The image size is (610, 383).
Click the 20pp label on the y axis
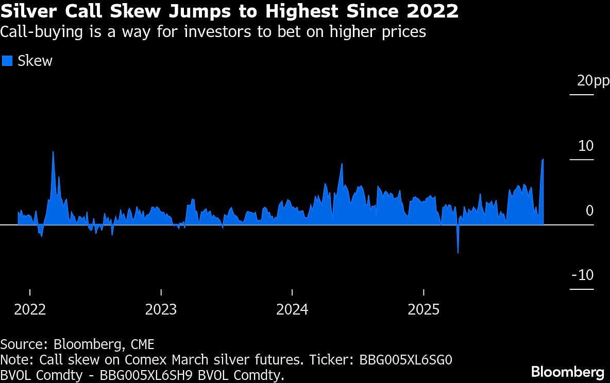[593, 81]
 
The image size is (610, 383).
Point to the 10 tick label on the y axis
[586, 146]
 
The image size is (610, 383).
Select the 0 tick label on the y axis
[589, 211]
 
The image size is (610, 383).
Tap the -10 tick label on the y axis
[583, 275]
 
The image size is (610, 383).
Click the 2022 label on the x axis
[30, 309]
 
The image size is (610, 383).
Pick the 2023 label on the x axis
[161, 309]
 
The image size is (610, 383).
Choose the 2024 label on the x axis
[292, 309]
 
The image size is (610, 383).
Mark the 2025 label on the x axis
[423, 309]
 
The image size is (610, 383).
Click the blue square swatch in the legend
[7, 61]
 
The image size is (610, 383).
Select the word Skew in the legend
[35, 61]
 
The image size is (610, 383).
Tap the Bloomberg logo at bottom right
[568, 372]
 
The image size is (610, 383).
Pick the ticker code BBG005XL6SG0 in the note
[402, 359]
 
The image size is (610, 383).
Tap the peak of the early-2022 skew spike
[53, 151]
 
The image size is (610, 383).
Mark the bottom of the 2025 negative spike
[458, 253]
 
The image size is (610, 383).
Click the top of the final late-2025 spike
[543, 159]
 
